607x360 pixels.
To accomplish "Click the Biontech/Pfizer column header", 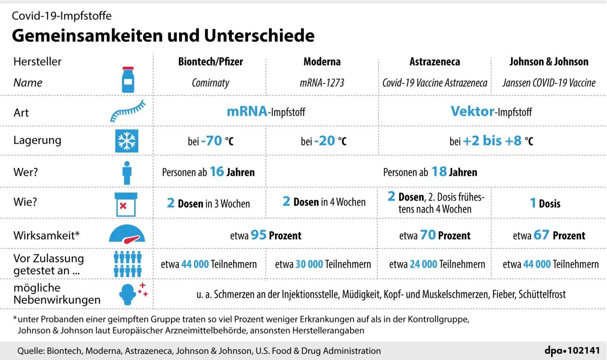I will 210,62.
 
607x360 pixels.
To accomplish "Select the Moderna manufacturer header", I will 322,62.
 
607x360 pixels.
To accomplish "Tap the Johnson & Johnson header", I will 549,62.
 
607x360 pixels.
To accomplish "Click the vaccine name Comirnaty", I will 210,83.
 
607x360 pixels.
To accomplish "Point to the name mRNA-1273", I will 322,83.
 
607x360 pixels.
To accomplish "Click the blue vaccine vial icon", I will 128,80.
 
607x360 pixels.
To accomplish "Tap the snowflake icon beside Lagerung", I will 127,141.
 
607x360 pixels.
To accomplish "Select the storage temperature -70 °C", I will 211,141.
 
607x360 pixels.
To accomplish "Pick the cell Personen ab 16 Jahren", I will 208,172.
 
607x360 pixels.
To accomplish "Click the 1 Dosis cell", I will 545,203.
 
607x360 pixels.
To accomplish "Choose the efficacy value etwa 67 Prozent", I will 549,235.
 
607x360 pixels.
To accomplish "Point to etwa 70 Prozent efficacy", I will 435,235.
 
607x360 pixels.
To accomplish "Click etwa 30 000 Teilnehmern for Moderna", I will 323,264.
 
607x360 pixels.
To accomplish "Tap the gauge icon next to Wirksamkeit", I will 127,234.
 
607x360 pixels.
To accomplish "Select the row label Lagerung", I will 37,140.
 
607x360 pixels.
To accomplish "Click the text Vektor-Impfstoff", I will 491,111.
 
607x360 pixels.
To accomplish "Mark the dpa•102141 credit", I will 572,350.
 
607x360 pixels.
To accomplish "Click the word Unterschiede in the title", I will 259,36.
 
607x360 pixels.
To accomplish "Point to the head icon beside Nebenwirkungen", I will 128,294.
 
